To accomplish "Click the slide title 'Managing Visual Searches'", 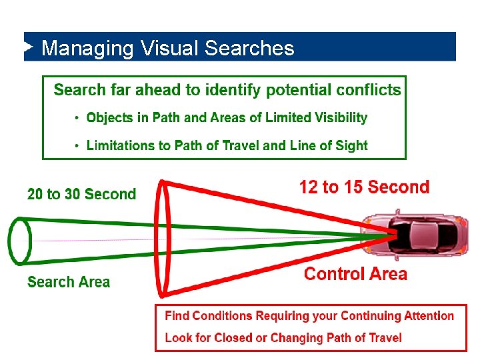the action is point(167,48).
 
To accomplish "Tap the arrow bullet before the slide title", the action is point(28,47).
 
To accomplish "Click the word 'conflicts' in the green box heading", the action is point(369,90).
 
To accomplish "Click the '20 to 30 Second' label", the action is point(81,194).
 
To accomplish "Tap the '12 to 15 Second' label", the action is point(364,187).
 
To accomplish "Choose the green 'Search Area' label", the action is point(69,282).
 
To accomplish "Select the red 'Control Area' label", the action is point(355,273).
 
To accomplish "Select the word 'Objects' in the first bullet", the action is point(110,118).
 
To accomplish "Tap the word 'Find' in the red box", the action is point(177,316).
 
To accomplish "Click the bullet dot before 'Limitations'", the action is point(77,146).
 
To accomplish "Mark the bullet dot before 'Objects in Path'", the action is point(77,119).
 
